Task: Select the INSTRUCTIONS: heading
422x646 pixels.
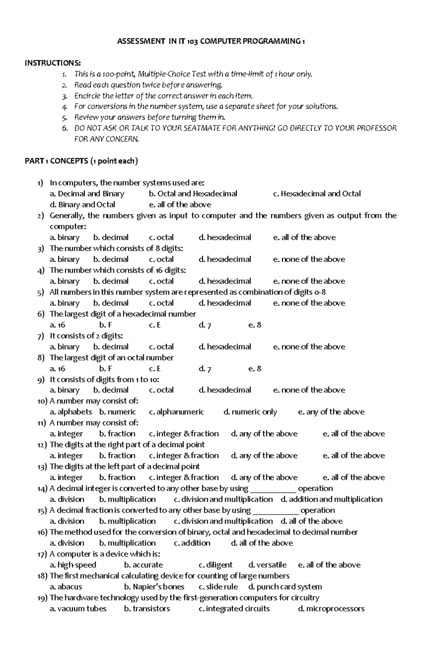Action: pyautogui.click(x=53, y=63)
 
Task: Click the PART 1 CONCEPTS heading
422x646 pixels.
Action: pyautogui.click(x=81, y=161)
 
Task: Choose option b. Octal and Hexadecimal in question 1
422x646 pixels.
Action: pyautogui.click(x=193, y=194)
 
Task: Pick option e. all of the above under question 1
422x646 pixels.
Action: pyautogui.click(x=180, y=205)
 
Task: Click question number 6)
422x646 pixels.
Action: pyautogui.click(x=41, y=314)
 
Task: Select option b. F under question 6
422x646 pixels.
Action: pyautogui.click(x=105, y=325)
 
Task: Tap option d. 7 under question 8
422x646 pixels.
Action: pyautogui.click(x=205, y=369)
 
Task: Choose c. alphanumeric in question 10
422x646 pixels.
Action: pyautogui.click(x=176, y=412)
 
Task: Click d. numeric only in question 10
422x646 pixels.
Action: pyautogui.click(x=250, y=412)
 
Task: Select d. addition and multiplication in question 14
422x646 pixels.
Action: pyautogui.click(x=331, y=499)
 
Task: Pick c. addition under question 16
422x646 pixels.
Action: pyautogui.click(x=192, y=543)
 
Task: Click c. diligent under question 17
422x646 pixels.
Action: pyautogui.click(x=215, y=565)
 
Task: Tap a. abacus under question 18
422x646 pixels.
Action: pyautogui.click(x=66, y=587)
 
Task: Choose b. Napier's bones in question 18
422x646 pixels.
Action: pyautogui.click(x=154, y=587)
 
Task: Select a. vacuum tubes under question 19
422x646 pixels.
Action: pyautogui.click(x=78, y=608)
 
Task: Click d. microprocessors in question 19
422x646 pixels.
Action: pyautogui.click(x=331, y=608)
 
